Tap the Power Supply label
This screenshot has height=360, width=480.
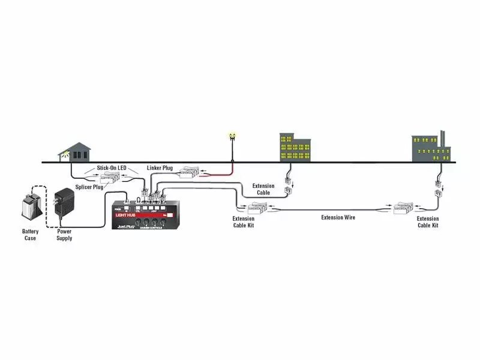click(x=64, y=235)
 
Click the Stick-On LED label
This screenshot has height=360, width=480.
click(x=111, y=168)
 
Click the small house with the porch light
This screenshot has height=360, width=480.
click(x=77, y=152)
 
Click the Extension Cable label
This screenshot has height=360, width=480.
click(x=263, y=190)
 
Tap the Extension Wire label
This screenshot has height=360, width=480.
click(x=338, y=217)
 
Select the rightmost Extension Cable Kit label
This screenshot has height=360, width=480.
click(x=428, y=222)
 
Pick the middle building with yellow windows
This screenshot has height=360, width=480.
click(x=295, y=148)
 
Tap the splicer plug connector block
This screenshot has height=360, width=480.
click(x=111, y=178)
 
